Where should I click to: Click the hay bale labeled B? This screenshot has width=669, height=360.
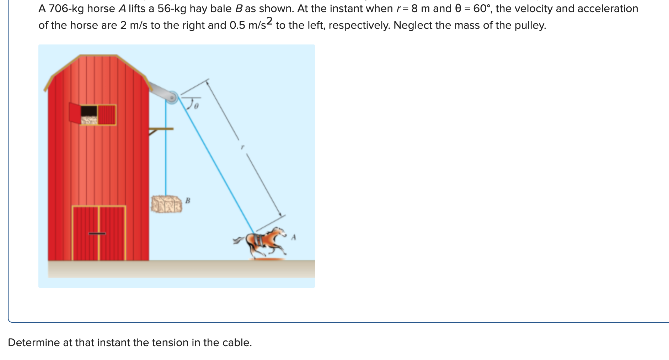(166, 204)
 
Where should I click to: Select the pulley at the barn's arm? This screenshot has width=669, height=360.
(172, 96)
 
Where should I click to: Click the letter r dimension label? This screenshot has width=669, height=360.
(242, 147)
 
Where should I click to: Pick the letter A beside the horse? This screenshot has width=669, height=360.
(294, 237)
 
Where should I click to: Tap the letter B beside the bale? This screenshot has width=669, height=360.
(188, 201)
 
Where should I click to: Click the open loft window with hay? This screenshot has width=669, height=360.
(89, 115)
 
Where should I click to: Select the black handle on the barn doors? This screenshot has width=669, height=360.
(97, 234)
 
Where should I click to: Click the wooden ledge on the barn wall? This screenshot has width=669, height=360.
(162, 129)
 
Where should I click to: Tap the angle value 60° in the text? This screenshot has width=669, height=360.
(482, 9)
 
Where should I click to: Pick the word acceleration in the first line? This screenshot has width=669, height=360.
(610, 9)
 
